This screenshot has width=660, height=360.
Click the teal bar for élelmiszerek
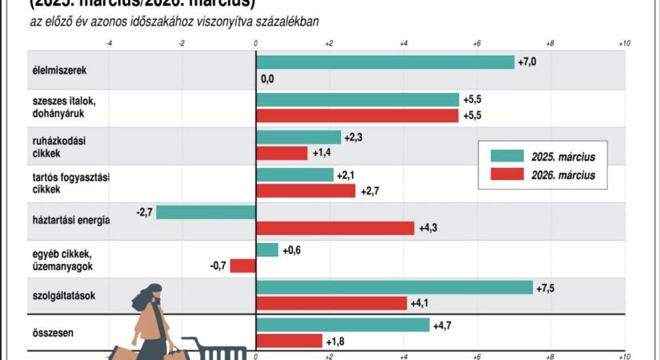point(385,62)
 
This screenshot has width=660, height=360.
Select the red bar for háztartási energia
point(335,228)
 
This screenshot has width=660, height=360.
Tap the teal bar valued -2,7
point(206,212)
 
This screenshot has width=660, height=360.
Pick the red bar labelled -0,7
point(242,266)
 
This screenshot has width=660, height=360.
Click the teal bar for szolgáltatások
point(394,287)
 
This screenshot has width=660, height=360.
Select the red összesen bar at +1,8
point(289,341)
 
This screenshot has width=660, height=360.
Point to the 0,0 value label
point(267,78)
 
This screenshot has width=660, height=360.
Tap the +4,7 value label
point(442,325)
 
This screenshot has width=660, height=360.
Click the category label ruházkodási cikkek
point(49,146)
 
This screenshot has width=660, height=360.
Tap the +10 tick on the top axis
point(625,42)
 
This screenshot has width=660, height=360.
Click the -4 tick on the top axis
point(109,42)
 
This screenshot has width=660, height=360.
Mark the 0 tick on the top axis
point(256,42)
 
